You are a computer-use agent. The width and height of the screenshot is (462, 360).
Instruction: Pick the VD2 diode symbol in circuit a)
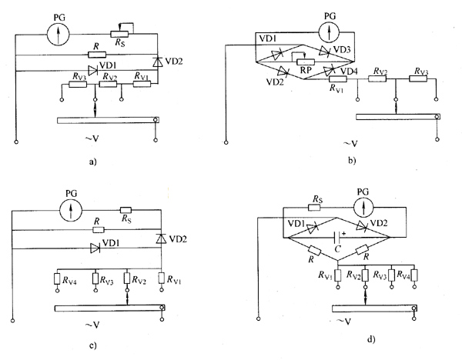pos(157,62)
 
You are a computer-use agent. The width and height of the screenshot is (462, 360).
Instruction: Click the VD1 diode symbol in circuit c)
pos(95,248)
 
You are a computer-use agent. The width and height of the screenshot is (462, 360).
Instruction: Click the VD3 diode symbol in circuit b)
pos(324,51)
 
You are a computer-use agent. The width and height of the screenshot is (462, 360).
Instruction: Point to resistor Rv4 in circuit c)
pos(57,278)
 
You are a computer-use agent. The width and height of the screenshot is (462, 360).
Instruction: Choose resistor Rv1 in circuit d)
pos(338,275)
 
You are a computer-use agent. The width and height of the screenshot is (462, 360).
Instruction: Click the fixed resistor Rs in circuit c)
pos(126,210)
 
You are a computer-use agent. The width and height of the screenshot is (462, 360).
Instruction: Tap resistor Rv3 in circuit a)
pos(78,85)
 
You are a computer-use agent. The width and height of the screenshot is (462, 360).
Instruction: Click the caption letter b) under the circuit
pos(352,161)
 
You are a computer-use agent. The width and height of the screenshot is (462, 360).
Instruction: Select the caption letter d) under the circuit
pos(371,340)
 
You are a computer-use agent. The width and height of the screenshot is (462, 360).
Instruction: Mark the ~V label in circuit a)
pos(92,138)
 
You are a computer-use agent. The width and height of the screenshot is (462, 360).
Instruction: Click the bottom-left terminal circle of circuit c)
pos(12,320)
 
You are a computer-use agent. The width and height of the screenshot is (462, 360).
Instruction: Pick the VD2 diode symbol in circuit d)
pos(362,226)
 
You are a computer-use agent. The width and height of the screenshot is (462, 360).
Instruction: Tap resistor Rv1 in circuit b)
pos(338,78)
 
